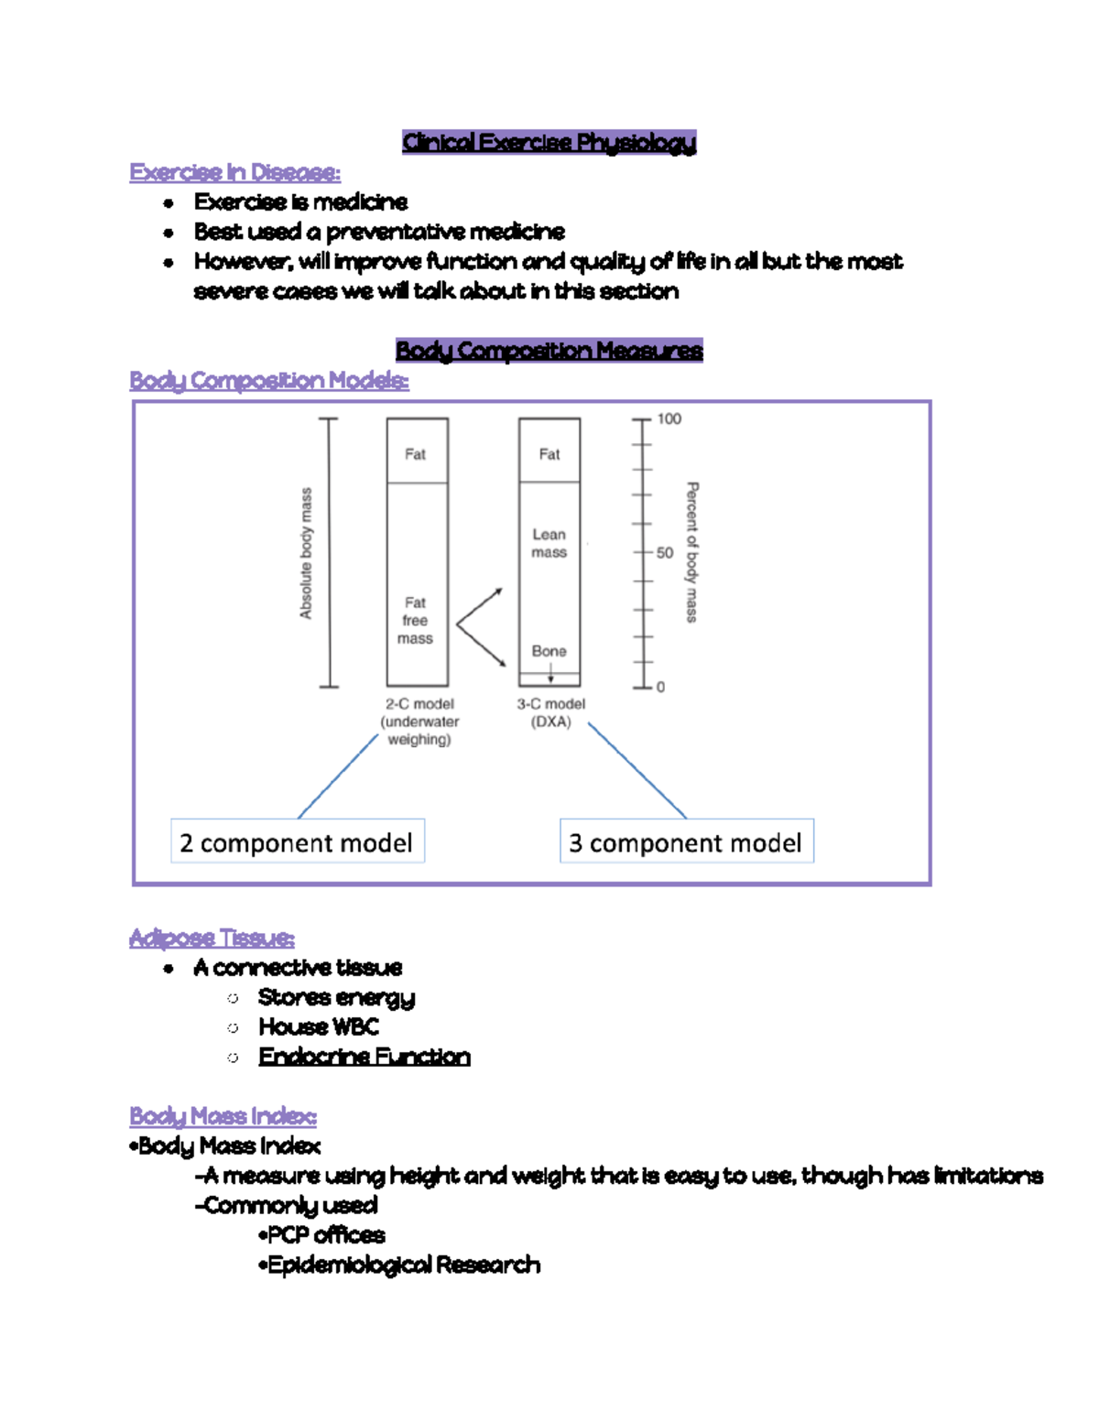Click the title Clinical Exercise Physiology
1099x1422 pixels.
(549, 142)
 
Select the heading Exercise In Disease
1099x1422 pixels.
(234, 172)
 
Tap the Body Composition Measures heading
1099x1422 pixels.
(549, 351)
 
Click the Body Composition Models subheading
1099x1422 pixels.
(268, 380)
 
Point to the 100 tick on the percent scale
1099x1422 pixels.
(669, 419)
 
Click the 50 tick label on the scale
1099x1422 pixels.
(664, 553)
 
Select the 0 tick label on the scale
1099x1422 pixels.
(660, 687)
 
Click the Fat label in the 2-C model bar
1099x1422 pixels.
(415, 454)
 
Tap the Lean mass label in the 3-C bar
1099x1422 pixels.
(549, 543)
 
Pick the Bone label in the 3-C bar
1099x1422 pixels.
(549, 651)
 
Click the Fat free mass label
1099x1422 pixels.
(415, 620)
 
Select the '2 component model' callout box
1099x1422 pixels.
(297, 842)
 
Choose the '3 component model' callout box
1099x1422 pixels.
(686, 842)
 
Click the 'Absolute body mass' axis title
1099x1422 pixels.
(306, 553)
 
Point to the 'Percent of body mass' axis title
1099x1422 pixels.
(692, 552)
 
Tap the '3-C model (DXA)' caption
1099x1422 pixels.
(550, 712)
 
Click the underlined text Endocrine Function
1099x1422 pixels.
(364, 1057)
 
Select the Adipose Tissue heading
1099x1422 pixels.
(212, 938)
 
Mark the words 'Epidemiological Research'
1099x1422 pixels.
(403, 1265)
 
